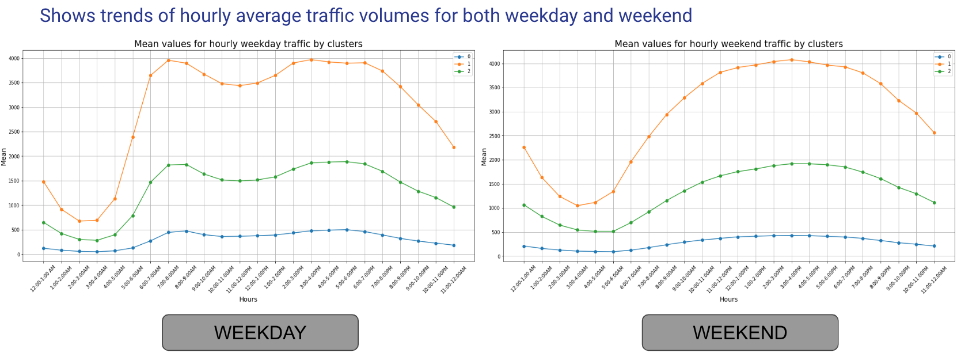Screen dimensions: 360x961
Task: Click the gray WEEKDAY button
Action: [260, 332]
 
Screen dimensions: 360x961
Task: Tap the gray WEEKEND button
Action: [740, 332]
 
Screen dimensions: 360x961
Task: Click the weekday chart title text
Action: [248, 44]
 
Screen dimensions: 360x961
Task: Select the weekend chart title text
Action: [728, 44]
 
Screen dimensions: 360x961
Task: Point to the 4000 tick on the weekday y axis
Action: [14, 58]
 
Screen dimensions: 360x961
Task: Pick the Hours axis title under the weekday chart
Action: [248, 300]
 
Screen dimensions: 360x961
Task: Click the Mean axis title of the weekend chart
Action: [484, 157]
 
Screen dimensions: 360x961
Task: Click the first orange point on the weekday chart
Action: [44, 182]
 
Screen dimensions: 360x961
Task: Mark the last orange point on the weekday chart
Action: [454, 147]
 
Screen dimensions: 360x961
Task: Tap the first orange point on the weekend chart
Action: [524, 147]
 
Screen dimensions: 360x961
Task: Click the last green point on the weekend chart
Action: [934, 203]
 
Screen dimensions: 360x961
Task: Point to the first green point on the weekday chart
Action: [44, 222]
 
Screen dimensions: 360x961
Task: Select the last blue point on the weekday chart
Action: [454, 245]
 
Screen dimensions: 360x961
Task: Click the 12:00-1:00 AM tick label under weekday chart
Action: [43, 279]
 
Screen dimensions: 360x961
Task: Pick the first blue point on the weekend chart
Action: [524, 247]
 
